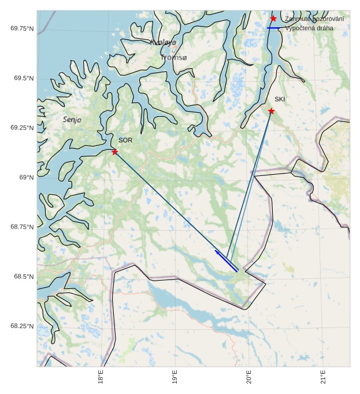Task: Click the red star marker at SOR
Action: [115, 152]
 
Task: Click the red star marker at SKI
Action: [271, 111]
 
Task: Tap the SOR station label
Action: [125, 140]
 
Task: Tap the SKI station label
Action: [280, 99]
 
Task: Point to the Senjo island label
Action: [72, 120]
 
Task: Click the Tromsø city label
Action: [174, 58]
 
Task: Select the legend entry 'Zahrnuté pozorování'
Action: [314, 19]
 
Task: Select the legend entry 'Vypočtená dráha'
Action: [309, 28]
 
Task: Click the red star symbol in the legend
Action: [273, 19]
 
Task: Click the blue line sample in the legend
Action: [273, 28]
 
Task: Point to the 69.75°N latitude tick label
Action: [22, 28]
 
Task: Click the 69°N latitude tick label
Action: [26, 177]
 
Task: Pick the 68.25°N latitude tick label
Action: [22, 326]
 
